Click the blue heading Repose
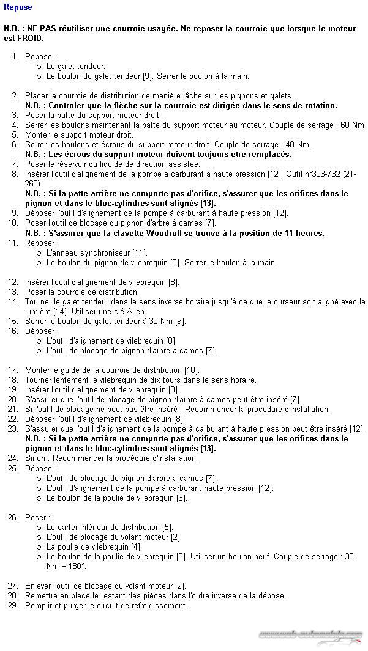pos(18,7)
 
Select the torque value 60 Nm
pos(352,125)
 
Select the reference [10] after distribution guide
pos(192,370)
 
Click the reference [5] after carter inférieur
pos(167,527)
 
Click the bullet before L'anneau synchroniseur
pos(39,252)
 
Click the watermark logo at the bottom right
pos(312,634)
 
